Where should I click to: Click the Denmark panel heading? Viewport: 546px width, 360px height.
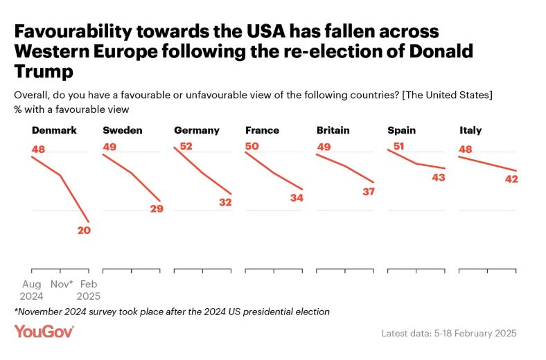(54, 130)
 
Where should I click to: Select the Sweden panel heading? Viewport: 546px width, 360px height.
(122, 130)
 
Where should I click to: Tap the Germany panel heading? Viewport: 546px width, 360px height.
(197, 130)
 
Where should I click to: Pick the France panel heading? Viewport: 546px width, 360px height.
(263, 130)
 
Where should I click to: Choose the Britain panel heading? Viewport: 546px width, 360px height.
(333, 130)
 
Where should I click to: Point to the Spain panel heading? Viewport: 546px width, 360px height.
(401, 130)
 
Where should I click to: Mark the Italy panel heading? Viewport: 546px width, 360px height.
(470, 130)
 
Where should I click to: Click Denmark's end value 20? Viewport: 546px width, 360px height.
(84, 231)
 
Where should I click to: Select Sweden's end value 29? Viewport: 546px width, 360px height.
(156, 208)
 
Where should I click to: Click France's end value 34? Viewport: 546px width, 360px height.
(297, 197)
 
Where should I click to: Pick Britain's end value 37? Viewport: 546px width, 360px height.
(369, 191)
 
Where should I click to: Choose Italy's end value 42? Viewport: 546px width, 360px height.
(511, 179)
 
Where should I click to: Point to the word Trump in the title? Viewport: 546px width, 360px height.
(43, 71)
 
